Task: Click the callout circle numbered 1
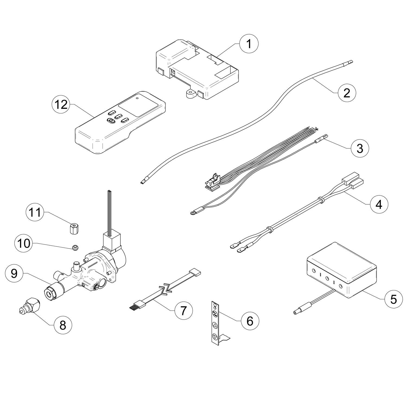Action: [x=249, y=44]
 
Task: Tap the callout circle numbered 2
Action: [x=346, y=93]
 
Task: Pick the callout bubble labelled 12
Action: [x=61, y=104]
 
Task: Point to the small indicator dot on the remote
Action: [x=137, y=98]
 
